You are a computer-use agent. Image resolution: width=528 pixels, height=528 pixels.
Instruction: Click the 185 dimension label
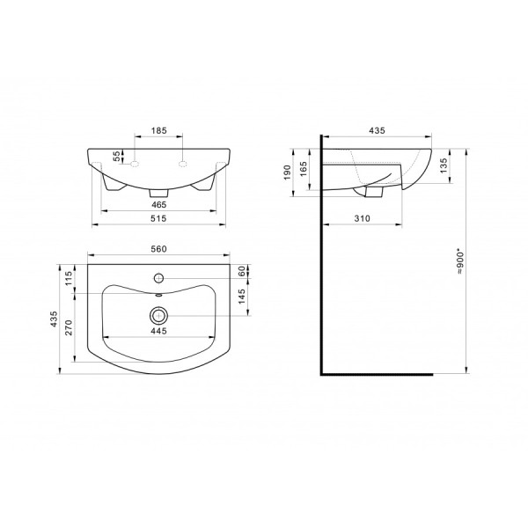[x=158, y=130]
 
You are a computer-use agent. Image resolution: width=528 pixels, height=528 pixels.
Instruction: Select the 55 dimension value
[x=116, y=156]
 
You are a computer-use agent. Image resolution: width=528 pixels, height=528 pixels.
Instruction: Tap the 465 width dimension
[x=158, y=204]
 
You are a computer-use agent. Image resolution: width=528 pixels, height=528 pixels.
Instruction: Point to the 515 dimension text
[x=158, y=218]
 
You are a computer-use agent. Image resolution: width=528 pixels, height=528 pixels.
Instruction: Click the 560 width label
[x=158, y=249]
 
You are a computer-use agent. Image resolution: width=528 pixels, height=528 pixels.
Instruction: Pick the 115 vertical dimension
[x=69, y=278]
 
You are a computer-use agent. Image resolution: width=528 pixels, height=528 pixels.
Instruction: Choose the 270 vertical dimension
[x=69, y=327]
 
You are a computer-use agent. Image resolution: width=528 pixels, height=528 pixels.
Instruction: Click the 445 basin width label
[x=158, y=331]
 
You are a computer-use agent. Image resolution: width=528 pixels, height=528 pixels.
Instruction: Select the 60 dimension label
[x=242, y=271]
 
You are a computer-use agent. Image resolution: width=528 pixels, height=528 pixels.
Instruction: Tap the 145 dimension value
[x=242, y=297]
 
